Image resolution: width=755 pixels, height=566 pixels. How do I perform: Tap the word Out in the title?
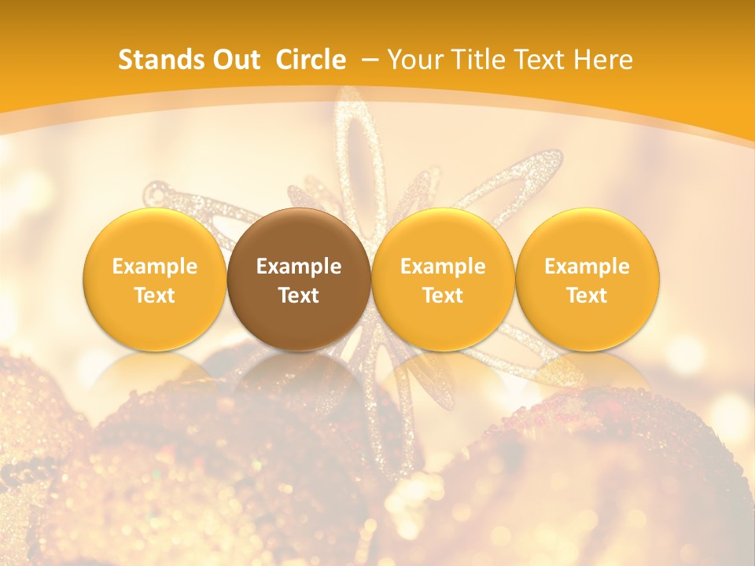[234, 60]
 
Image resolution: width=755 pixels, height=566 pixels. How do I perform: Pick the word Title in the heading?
[475, 60]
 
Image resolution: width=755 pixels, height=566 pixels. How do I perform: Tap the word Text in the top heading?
[537, 60]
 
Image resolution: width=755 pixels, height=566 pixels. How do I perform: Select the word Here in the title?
[603, 60]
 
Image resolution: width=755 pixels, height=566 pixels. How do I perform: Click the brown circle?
[299, 236]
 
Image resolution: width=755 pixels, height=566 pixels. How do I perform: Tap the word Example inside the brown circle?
[299, 266]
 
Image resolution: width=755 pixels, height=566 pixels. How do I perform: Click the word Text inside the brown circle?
[299, 296]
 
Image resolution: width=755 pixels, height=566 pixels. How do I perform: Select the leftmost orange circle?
[155, 236]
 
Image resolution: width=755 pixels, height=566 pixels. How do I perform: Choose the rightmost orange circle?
[587, 236]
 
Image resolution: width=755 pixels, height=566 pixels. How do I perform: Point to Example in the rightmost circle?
[587, 266]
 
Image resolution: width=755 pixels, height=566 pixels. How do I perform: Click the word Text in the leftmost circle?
[155, 296]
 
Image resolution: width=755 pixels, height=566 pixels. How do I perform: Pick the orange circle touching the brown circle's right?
[443, 236]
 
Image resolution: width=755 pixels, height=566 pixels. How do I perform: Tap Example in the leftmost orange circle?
[155, 266]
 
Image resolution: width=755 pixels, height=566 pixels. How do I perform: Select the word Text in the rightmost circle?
[587, 296]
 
